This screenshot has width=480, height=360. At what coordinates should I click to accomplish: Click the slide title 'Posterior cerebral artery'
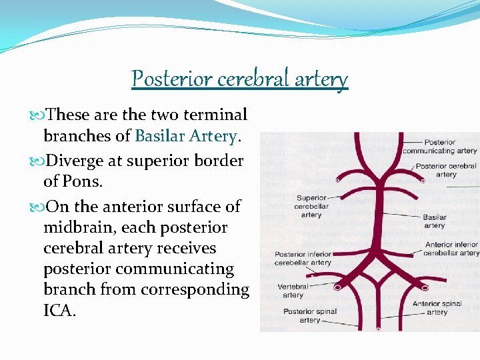(240, 79)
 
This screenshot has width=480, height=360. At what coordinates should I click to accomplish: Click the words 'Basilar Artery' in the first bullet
(185, 136)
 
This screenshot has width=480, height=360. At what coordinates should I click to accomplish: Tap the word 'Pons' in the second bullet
(86, 181)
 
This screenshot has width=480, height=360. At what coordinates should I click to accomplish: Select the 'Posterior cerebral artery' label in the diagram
(446, 170)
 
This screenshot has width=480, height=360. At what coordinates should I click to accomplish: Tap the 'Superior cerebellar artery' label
(311, 206)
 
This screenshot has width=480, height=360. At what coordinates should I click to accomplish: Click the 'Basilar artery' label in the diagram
(435, 221)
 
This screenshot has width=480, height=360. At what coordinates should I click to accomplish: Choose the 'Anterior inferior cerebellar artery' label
(451, 249)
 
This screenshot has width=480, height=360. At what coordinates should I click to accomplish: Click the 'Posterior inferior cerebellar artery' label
(303, 258)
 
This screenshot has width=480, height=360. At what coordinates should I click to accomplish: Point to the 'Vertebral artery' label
(293, 291)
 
